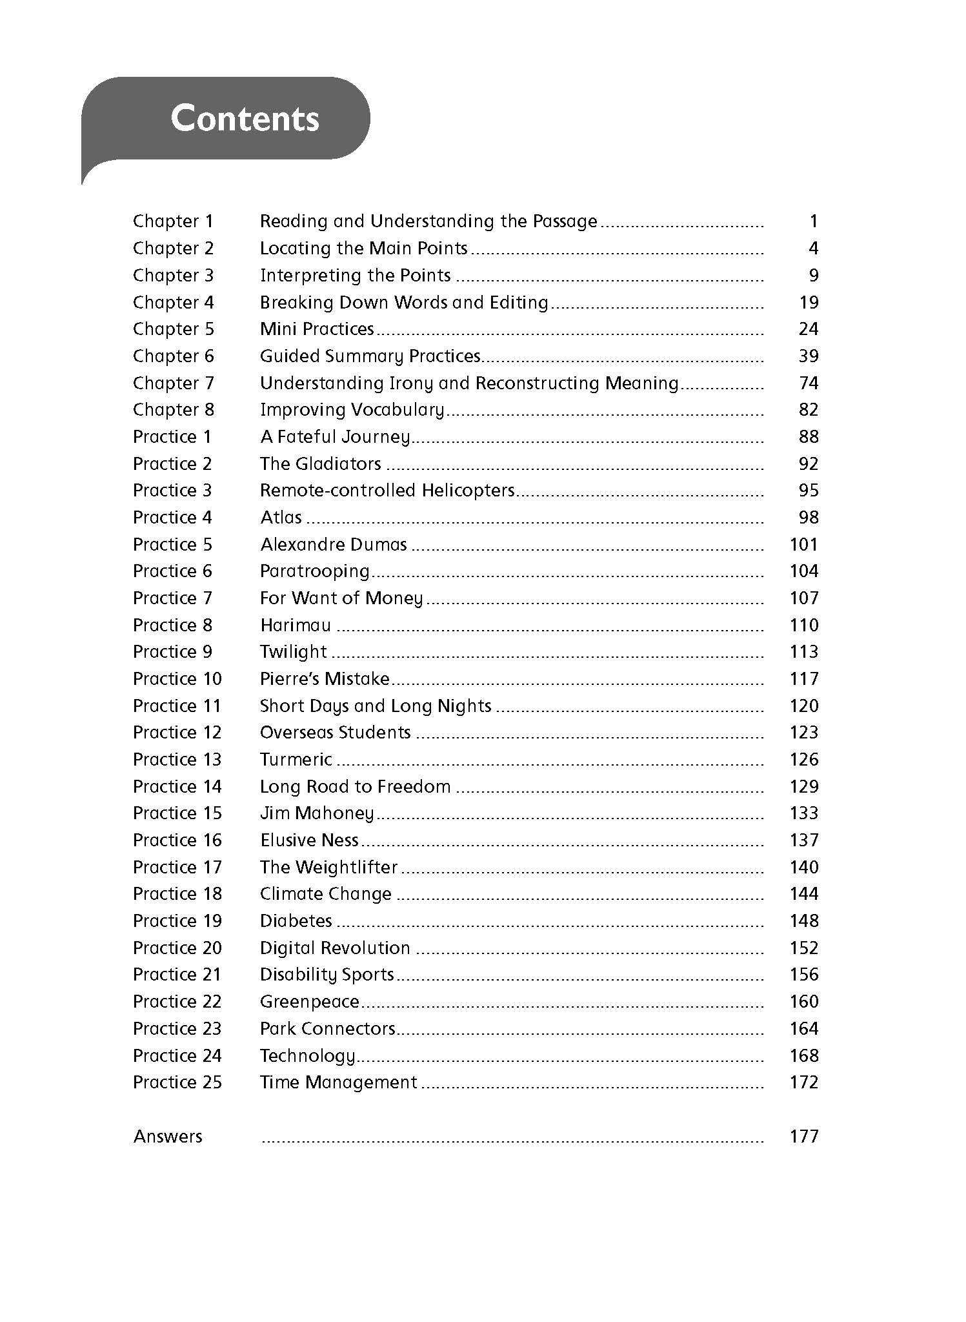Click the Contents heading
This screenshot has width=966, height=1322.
click(245, 119)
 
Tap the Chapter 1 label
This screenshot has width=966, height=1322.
click(173, 221)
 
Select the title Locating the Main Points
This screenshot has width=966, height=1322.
click(363, 249)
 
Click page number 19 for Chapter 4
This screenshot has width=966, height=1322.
click(808, 303)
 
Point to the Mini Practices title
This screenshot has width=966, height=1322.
click(317, 329)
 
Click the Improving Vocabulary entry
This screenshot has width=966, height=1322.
click(352, 410)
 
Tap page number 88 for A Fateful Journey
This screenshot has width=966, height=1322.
click(808, 437)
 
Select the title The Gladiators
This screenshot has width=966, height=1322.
click(320, 464)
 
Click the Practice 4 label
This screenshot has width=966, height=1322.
click(172, 518)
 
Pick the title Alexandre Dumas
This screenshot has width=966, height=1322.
click(334, 545)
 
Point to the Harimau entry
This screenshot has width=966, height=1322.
click(296, 625)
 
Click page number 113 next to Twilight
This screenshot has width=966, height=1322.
click(803, 652)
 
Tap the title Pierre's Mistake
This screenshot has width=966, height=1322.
click(325, 679)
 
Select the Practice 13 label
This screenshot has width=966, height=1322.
click(177, 760)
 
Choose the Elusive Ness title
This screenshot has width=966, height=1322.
click(309, 840)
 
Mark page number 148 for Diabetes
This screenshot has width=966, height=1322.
click(803, 921)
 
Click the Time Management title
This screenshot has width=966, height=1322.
click(338, 1083)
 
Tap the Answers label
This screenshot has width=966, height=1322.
click(168, 1137)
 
